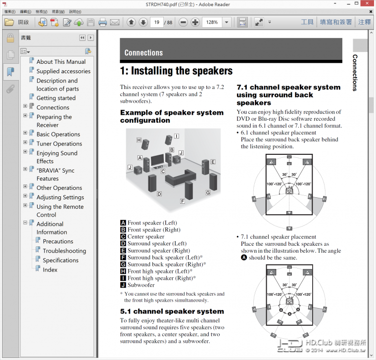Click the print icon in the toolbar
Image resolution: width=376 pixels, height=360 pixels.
click(102, 22)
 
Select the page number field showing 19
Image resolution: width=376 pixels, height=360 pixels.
click(157, 22)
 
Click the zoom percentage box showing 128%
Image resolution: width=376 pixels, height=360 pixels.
click(212, 22)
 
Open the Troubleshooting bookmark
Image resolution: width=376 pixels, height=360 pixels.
click(64, 251)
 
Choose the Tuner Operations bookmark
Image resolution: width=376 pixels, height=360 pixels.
click(59, 143)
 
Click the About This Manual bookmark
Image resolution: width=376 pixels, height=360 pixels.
click(61, 62)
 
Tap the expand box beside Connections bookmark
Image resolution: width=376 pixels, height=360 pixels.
click(25, 106)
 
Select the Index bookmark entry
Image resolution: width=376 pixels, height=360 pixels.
click(50, 270)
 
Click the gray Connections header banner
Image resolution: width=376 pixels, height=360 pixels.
click(231, 52)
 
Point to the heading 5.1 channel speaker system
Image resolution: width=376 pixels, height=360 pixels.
click(172, 312)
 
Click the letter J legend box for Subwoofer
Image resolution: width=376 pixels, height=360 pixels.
click(123, 285)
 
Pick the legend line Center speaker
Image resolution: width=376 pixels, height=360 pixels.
click(145, 236)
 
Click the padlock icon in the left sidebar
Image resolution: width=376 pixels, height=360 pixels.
click(10, 39)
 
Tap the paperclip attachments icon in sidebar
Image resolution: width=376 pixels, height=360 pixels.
click(10, 89)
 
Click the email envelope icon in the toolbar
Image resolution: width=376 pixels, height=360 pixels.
click(115, 22)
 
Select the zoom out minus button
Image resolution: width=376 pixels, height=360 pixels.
click(183, 22)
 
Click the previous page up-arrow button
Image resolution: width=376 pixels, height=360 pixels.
click(131, 22)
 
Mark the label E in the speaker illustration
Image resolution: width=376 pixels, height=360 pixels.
click(213, 162)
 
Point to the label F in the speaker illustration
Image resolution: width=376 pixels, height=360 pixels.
click(182, 201)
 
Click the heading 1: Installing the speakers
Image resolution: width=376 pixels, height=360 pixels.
click(176, 71)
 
